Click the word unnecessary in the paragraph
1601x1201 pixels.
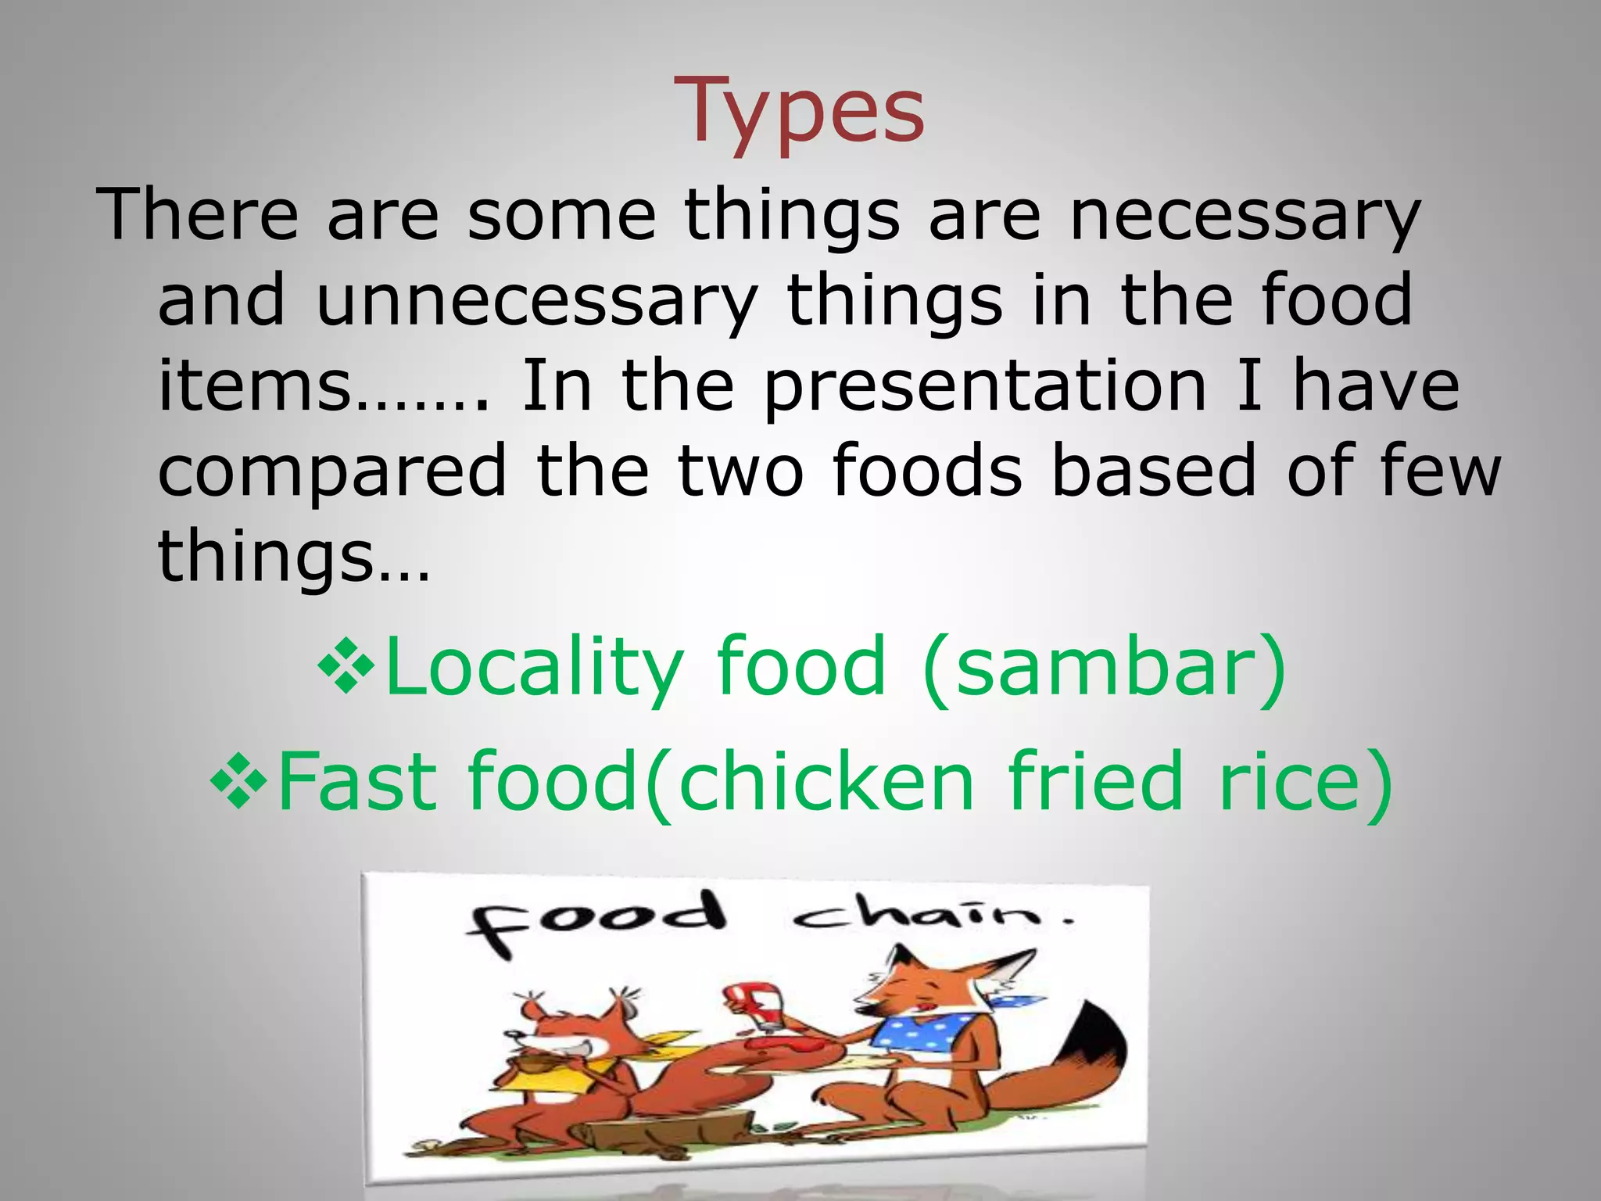pyautogui.click(x=536, y=301)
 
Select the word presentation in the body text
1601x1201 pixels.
pyautogui.click(x=985, y=386)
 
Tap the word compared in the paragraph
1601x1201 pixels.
pyautogui.click(x=333, y=472)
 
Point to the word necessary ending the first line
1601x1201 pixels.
pyautogui.click(x=1243, y=216)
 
